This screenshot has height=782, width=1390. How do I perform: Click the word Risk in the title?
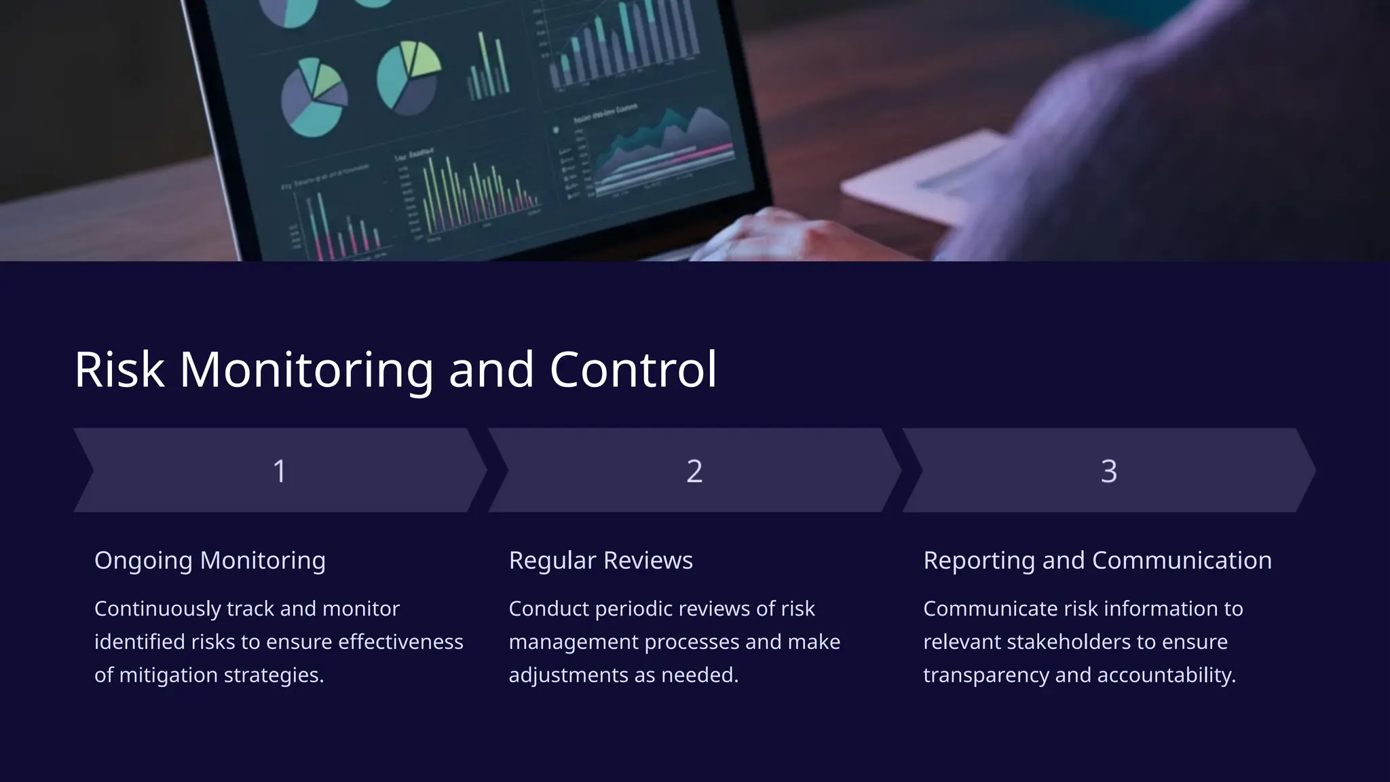pyautogui.click(x=119, y=370)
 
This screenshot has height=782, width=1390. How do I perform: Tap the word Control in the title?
pyautogui.click(x=633, y=370)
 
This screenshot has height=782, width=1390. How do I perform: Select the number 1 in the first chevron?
pyautogui.click(x=279, y=471)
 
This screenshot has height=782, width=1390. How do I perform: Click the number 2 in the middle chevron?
pyautogui.click(x=694, y=471)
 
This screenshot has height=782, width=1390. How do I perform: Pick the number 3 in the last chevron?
pyautogui.click(x=1108, y=471)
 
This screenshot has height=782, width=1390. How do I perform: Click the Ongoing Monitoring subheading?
pyautogui.click(x=210, y=561)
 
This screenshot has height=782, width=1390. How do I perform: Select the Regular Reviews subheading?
pyautogui.click(x=601, y=561)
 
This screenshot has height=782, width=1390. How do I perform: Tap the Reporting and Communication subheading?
pyautogui.click(x=1097, y=561)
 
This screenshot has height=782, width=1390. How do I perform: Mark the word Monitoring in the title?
pyautogui.click(x=306, y=370)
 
